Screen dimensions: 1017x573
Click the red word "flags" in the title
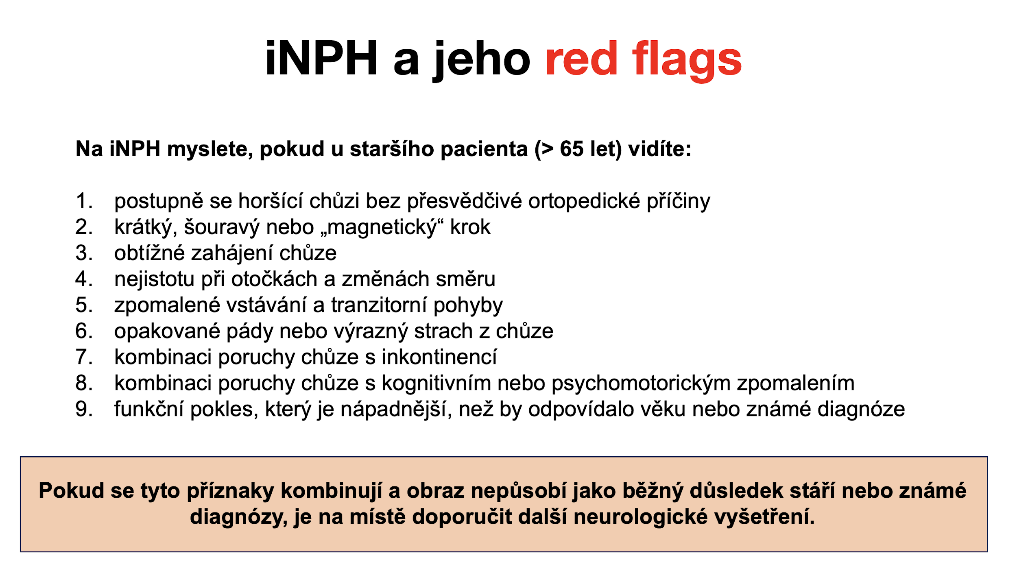[x=687, y=60]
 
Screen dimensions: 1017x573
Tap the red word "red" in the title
[x=581, y=59]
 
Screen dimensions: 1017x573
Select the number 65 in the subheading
[x=572, y=149]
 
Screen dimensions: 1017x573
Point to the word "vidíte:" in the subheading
[x=659, y=149]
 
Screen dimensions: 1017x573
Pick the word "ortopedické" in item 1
[x=584, y=201]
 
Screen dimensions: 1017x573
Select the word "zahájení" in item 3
[x=232, y=253]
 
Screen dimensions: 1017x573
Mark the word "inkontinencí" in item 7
[x=439, y=357]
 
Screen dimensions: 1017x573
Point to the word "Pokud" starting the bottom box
[x=72, y=490]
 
